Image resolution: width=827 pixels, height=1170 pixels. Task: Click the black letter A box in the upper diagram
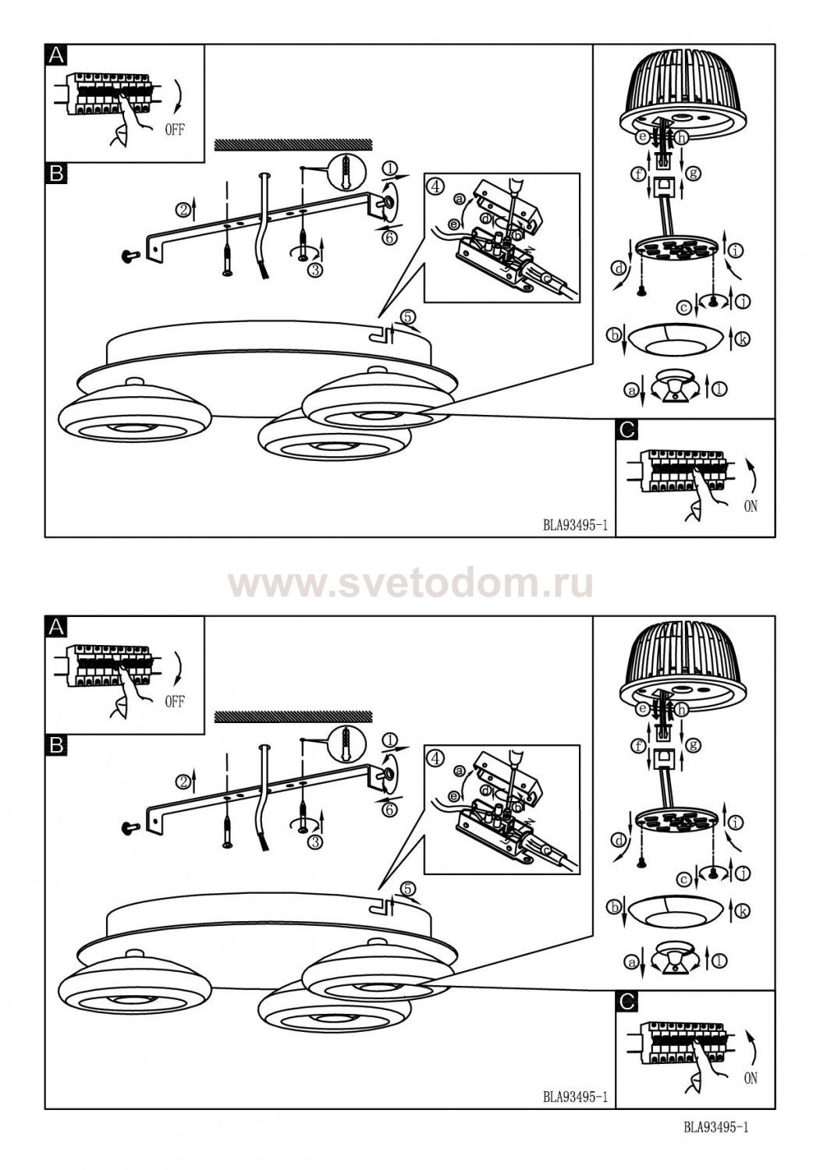coord(56,55)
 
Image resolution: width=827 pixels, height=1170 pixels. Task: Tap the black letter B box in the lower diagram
coord(56,745)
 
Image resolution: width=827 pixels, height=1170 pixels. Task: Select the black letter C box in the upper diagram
coord(627,430)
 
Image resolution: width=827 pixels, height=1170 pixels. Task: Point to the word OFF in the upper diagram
coord(175,129)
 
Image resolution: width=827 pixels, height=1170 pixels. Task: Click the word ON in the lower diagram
coord(751,1077)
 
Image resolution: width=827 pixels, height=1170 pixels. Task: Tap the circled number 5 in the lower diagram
coord(409,888)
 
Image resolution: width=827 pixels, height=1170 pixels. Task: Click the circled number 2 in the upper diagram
coord(183,211)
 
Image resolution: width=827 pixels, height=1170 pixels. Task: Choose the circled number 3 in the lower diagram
coord(314,842)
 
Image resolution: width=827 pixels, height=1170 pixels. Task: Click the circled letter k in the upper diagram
coord(742,339)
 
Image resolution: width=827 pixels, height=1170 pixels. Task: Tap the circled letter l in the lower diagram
coord(720,960)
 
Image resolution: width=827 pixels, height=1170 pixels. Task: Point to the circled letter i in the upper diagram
coord(736,251)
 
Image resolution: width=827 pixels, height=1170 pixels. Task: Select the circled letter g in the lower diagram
coord(693,744)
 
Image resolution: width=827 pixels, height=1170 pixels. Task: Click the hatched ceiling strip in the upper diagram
coord(293,145)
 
